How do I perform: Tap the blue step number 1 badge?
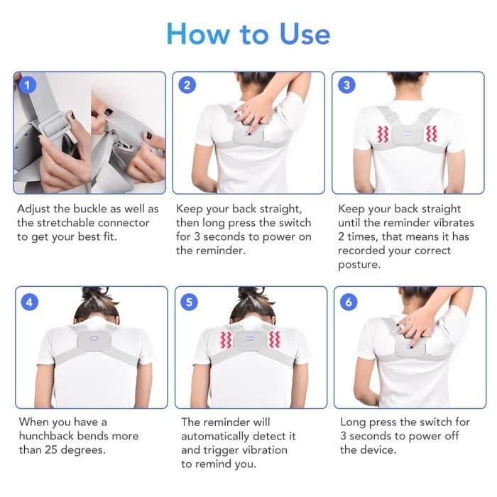pyautogui.click(x=27, y=85)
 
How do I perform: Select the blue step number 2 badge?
pyautogui.click(x=187, y=85)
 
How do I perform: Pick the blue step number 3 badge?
pyautogui.click(x=346, y=85)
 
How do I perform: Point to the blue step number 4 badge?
pyautogui.click(x=28, y=302)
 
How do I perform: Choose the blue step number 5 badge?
pyautogui.click(x=188, y=302)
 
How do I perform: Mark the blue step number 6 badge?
pyautogui.click(x=349, y=302)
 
